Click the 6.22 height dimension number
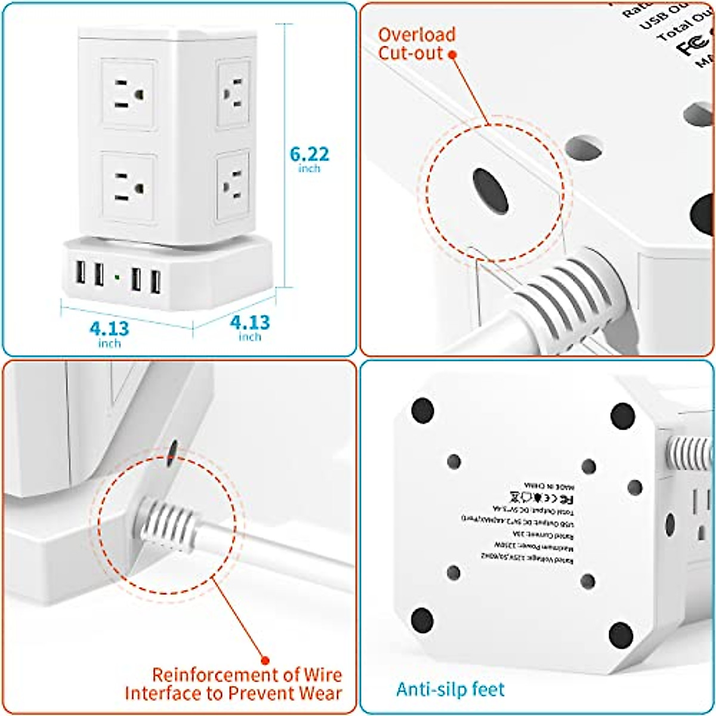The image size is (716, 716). coord(309,154)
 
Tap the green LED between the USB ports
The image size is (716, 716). coord(116,277)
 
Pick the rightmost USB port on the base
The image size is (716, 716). coord(156,282)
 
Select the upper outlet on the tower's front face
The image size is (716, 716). coord(128,94)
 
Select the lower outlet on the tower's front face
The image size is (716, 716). coord(128,187)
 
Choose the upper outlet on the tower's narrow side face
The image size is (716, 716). coord(233,92)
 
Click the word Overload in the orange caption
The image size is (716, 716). coord(416,35)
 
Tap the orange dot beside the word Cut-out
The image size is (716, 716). coord(452,54)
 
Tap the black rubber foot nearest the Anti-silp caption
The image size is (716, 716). coord(422,620)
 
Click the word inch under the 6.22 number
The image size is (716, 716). coord(309,169)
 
